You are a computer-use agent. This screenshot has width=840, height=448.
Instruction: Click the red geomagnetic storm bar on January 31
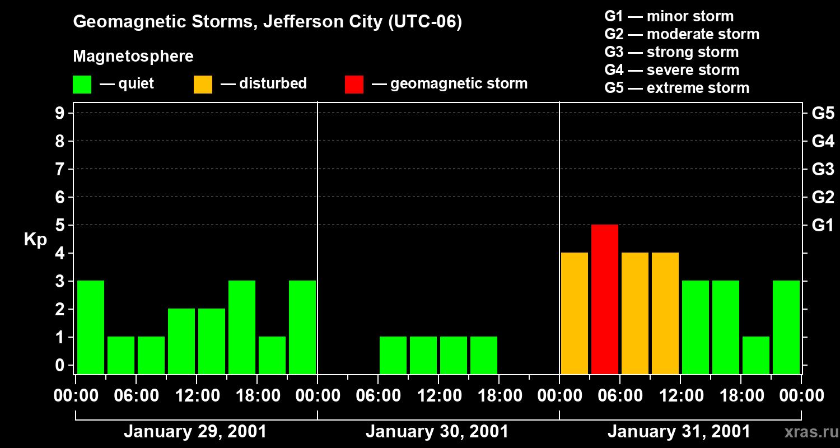pos(605,299)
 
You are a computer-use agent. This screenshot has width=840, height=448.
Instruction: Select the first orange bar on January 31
pos(575,313)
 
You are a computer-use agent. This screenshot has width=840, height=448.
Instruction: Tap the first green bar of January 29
pos(91,327)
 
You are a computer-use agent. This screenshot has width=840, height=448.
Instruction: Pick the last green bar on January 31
pos(786,327)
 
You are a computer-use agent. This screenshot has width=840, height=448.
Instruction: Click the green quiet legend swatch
pos(82,85)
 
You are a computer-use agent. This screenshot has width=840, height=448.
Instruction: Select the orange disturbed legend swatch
pos(203,85)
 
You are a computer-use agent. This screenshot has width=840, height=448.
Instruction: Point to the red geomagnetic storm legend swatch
pos(354,85)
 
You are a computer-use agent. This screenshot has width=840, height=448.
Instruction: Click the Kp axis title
pos(35,240)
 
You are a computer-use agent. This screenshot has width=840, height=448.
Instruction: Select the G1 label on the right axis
pos(823,226)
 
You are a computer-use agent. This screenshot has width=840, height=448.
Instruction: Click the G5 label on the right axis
pos(823,114)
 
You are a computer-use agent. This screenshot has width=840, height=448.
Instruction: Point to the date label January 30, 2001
pos(437,432)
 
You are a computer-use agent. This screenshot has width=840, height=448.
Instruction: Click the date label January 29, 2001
pos(195,432)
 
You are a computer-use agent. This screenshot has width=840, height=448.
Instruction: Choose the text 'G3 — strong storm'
pos(671,52)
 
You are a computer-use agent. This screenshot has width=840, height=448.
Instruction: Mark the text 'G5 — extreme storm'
pos(676,88)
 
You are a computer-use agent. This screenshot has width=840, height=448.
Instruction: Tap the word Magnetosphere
pos(133,57)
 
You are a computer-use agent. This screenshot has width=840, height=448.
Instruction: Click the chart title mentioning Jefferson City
pos(268,22)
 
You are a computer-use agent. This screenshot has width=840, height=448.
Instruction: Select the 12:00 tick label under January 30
pos(438,396)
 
